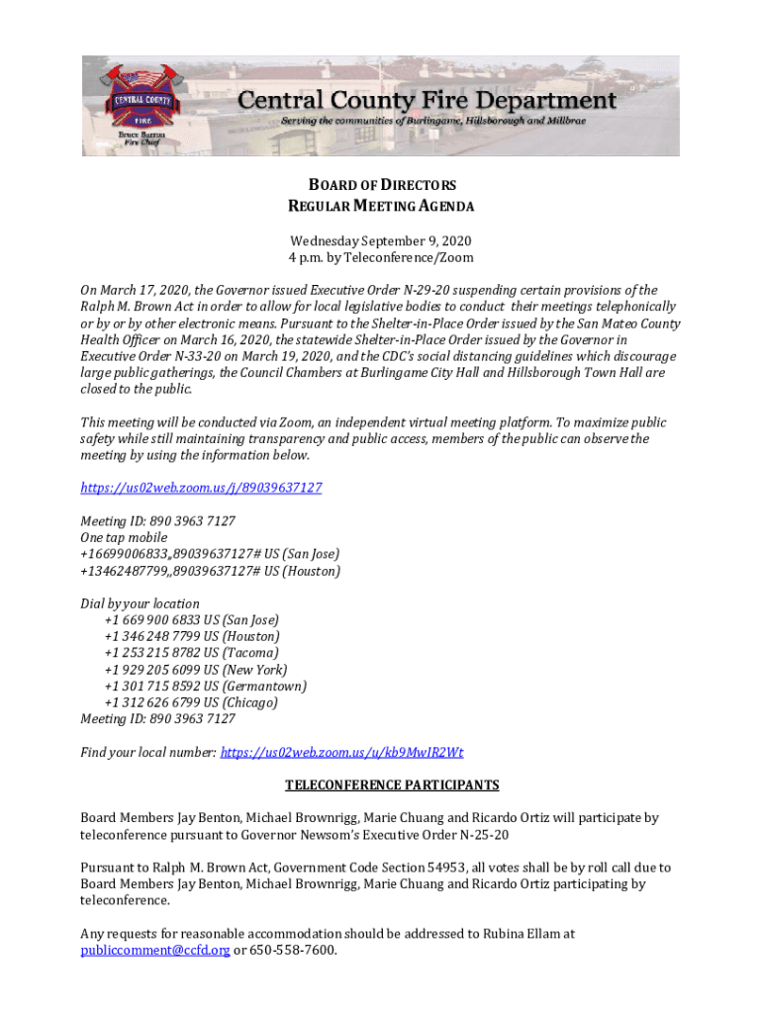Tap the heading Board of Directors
coord(380,185)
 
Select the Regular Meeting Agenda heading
coord(380,207)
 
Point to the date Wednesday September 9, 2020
coord(380,240)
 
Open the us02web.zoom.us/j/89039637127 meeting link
coord(201,488)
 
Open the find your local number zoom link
coord(341,752)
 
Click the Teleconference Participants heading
coord(392,785)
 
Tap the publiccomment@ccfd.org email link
coord(155,951)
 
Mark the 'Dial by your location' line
coord(140,603)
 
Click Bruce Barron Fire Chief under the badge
coord(143,138)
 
